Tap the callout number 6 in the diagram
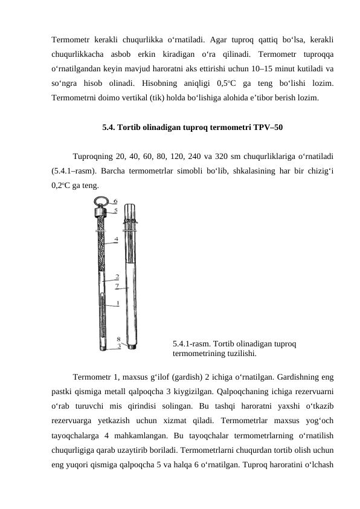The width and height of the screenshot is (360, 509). click(x=115, y=201)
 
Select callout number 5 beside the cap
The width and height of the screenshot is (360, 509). click(x=115, y=210)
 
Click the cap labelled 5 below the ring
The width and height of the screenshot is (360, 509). click(x=101, y=212)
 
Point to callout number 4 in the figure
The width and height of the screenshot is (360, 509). click(x=116, y=239)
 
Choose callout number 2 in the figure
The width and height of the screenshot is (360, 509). click(x=117, y=277)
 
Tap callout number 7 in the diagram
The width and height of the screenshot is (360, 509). click(x=117, y=286)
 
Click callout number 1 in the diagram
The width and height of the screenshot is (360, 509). click(x=118, y=303)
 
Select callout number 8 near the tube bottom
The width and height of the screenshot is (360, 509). click(x=119, y=339)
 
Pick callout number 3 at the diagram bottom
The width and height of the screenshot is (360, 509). click(x=119, y=346)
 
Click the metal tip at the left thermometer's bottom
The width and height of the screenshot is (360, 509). click(x=103, y=349)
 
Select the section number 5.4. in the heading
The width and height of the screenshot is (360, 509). click(x=109, y=127)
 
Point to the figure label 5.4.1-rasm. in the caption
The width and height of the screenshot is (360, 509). click(x=192, y=344)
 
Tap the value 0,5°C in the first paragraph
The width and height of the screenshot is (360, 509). click(x=227, y=83)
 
